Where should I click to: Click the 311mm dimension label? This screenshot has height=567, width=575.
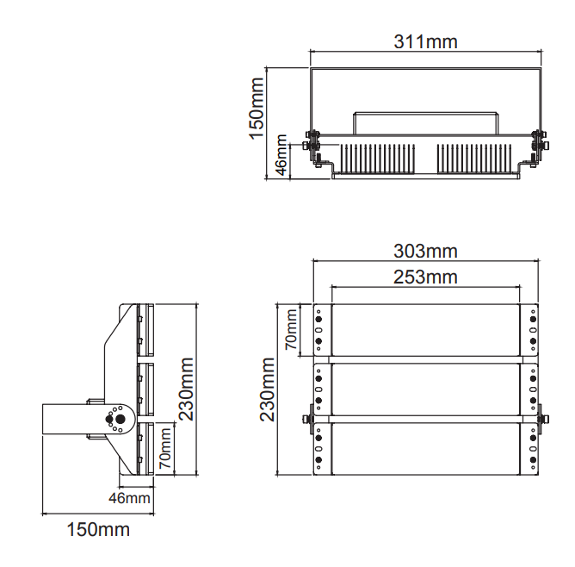pos(425,41)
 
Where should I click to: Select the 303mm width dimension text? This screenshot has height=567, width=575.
pos(425,252)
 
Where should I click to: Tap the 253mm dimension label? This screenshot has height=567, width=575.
pos(425,277)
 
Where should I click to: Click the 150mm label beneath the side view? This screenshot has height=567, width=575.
pos(98,529)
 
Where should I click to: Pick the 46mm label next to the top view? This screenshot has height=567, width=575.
pos(281,155)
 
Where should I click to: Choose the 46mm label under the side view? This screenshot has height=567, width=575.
pos(130,498)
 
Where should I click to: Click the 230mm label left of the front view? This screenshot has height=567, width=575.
pos(268,389)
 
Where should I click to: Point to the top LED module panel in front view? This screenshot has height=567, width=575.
pos(425,330)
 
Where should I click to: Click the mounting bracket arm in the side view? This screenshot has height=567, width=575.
pos(65,421)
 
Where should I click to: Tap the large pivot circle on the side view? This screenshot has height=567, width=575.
pos(118,420)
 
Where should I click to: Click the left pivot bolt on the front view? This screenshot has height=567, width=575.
pos(307,419)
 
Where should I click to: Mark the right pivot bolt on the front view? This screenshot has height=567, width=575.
pos(543,419)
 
